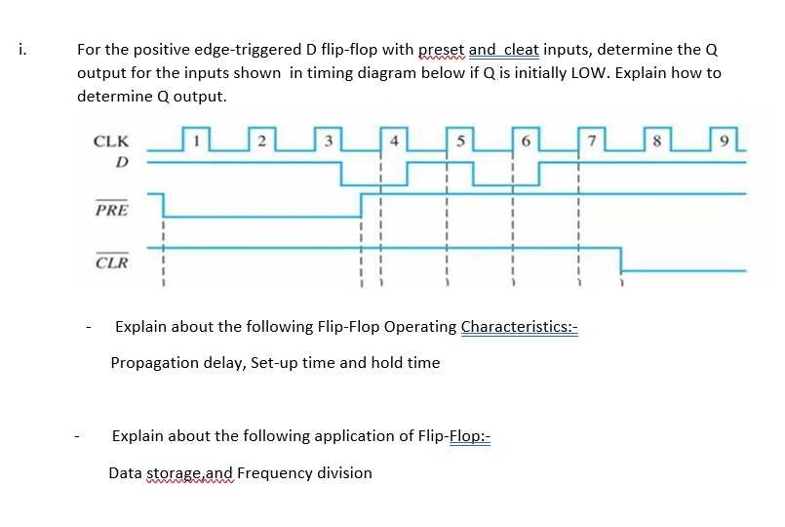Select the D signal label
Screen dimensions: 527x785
pyautogui.click(x=122, y=161)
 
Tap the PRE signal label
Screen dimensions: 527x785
pyautogui.click(x=110, y=210)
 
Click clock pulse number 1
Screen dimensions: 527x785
pyautogui.click(x=196, y=141)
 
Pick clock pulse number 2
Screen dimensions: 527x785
pyautogui.click(x=261, y=141)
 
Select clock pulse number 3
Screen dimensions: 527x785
pyautogui.click(x=330, y=141)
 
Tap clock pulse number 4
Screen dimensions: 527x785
pyautogui.click(x=394, y=141)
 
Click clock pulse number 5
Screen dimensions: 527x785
pyautogui.click(x=460, y=141)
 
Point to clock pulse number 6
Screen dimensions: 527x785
pyautogui.click(x=526, y=141)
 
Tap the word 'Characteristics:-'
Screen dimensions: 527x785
pyautogui.click(x=520, y=326)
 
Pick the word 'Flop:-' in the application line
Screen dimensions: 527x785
pyautogui.click(x=470, y=436)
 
